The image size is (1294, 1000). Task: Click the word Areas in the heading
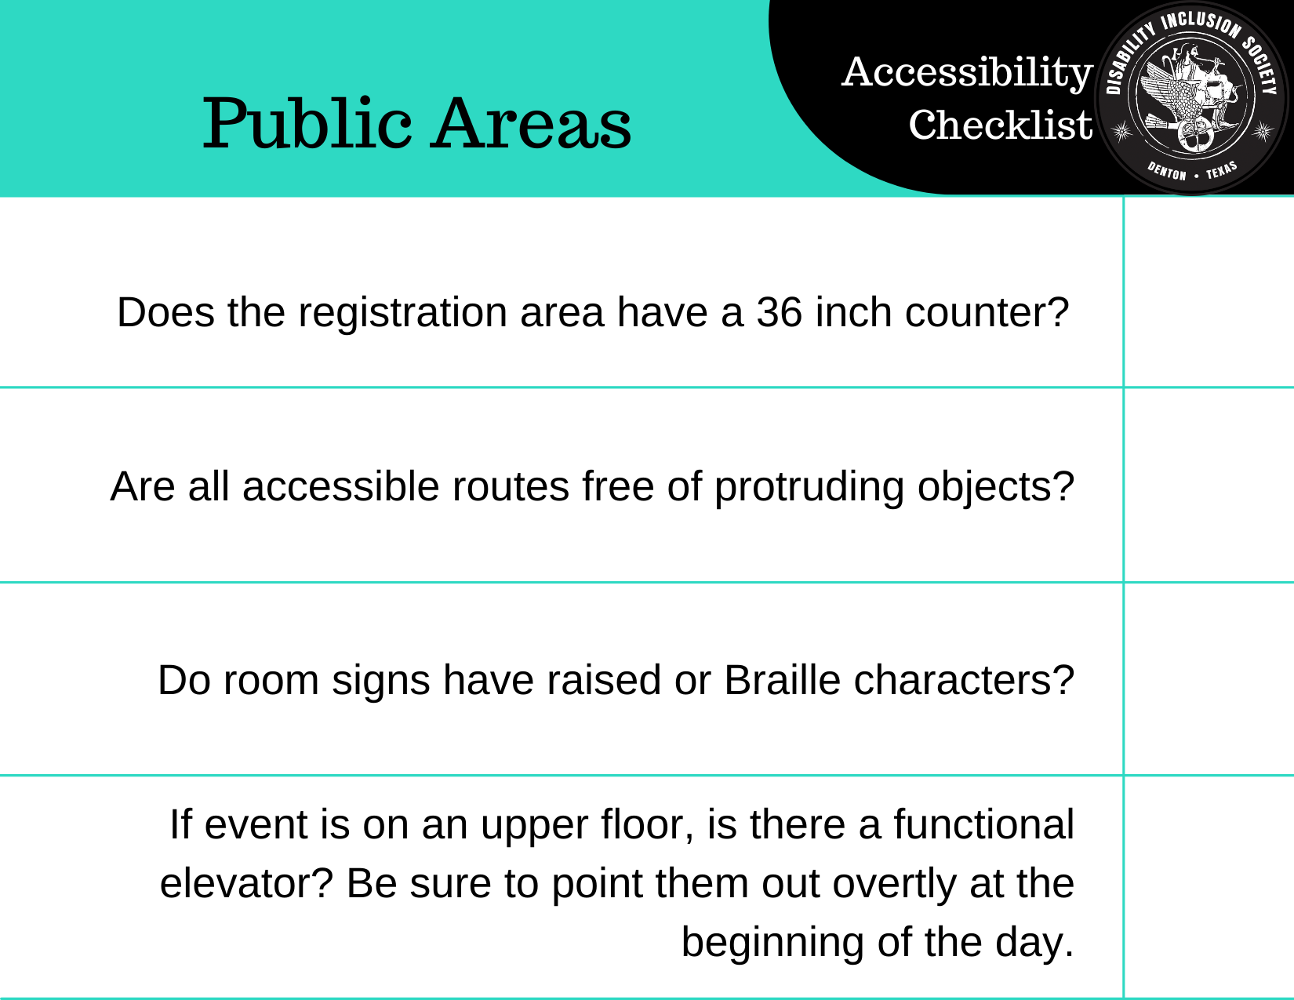coord(531,123)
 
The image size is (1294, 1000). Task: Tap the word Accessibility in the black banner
coord(967,73)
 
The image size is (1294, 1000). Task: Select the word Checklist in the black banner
coord(1001,125)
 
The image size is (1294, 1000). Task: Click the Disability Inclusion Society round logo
coord(1191,98)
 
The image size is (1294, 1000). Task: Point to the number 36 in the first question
coord(779,312)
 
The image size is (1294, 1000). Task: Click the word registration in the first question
coord(402,313)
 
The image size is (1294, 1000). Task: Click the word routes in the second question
coord(511,487)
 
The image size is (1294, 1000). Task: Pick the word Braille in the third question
coord(782,680)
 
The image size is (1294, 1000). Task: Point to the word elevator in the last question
coord(246,883)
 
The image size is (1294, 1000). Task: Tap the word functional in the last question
coord(983,824)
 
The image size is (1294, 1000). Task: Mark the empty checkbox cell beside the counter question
coord(1209,292)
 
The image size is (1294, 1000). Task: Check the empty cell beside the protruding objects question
coord(1209,485)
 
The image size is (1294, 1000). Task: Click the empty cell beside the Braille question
coord(1209,679)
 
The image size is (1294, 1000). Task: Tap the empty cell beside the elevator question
coord(1209,887)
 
